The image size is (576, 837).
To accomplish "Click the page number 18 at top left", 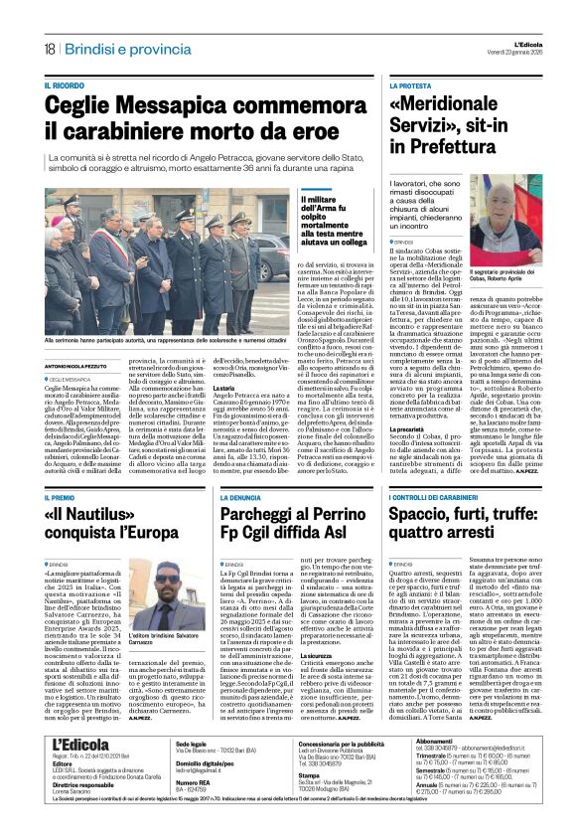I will click(x=48, y=48).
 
